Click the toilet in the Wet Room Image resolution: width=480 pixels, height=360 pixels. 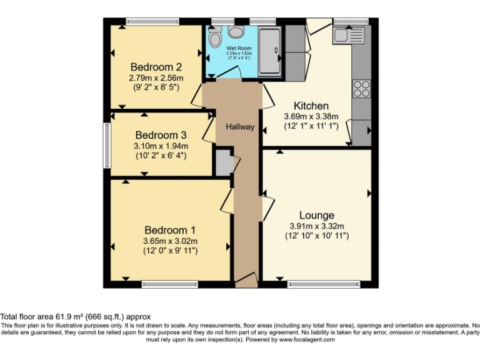pyautogui.click(x=216, y=39)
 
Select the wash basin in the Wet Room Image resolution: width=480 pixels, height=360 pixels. pyautogui.click(x=236, y=31)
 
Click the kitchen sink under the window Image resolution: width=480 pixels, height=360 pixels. pyautogui.click(x=344, y=34)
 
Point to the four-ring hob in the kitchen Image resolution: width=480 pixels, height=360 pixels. pyautogui.click(x=361, y=89)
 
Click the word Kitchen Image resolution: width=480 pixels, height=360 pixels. pyautogui.click(x=311, y=106)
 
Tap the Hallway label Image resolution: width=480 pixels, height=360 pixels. pyautogui.click(x=240, y=127)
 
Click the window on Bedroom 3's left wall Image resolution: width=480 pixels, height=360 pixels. pyautogui.click(x=107, y=142)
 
